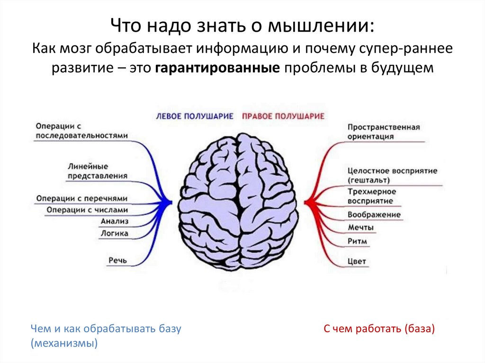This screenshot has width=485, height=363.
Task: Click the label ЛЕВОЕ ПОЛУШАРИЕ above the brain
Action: click(195, 116)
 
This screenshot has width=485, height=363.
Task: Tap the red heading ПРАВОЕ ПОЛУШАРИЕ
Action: click(283, 116)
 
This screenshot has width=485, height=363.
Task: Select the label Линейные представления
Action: click(97, 171)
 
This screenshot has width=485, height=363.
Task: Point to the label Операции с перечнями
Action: click(81, 198)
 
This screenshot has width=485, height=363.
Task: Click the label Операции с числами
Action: click(87, 210)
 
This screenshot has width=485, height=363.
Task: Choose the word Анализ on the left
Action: click(114, 221)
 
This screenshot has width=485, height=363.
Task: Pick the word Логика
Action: click(114, 233)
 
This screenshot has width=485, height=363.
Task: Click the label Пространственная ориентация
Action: click(384, 132)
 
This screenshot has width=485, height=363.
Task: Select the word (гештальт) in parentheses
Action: click(368, 180)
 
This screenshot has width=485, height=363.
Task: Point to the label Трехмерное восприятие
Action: click(371, 196)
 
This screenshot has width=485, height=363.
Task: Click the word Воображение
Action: click(374, 215)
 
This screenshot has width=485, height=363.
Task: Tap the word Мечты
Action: click(360, 228)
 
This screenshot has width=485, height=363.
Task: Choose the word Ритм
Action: click(357, 241)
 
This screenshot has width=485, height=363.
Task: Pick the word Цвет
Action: click(357, 261)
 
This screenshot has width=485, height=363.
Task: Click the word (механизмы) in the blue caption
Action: click(64, 343)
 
